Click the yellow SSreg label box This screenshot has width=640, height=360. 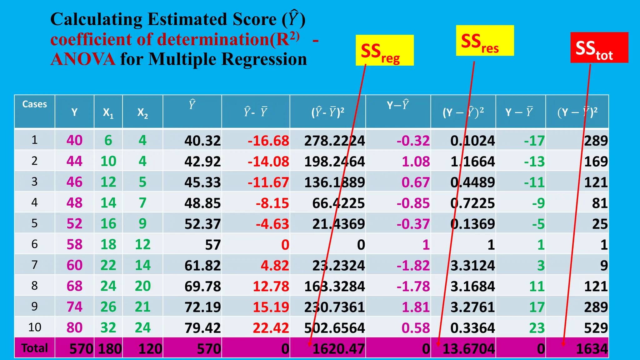pyautogui.click(x=384, y=50)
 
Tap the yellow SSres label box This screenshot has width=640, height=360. pyautogui.click(x=485, y=41)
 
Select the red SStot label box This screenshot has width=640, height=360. pyautogui.click(x=599, y=47)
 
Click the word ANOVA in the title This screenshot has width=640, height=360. pyautogui.click(x=83, y=59)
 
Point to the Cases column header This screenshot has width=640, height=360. pyautogui.click(x=34, y=104)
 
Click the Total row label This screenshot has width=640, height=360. pyautogui.click(x=34, y=348)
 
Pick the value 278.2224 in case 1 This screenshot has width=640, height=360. pyautogui.click(x=334, y=141)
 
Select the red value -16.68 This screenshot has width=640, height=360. pyautogui.click(x=268, y=141)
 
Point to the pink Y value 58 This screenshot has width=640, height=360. pyautogui.click(x=74, y=245)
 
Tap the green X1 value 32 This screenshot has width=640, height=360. pyautogui.click(x=108, y=328)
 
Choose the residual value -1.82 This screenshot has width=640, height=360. pyautogui.click(x=413, y=266)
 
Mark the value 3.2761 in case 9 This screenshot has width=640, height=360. pyautogui.click(x=472, y=307)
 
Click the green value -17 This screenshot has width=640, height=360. pyautogui.click(x=534, y=141)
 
